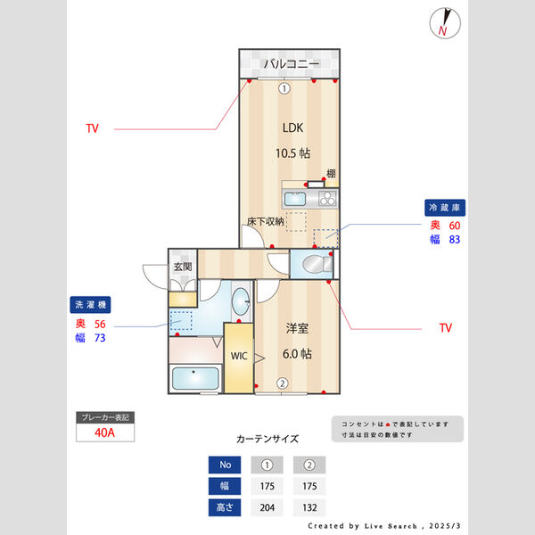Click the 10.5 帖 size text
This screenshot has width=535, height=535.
click(x=292, y=152)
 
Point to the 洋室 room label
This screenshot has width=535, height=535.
click(x=297, y=329)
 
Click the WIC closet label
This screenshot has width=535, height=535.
click(x=239, y=356)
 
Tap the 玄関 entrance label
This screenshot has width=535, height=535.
click(x=183, y=267)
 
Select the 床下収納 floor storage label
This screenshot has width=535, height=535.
click(x=266, y=221)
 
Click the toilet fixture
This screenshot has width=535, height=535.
click(x=315, y=264)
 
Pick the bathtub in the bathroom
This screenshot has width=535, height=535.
click(x=194, y=380)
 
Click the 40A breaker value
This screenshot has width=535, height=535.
click(x=105, y=434)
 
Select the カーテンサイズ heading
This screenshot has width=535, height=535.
click(x=267, y=439)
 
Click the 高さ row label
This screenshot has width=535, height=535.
click(x=224, y=507)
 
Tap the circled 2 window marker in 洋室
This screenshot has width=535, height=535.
click(x=282, y=383)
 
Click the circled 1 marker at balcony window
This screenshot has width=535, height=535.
click(x=284, y=87)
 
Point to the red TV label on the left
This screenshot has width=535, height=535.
click(x=92, y=128)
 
